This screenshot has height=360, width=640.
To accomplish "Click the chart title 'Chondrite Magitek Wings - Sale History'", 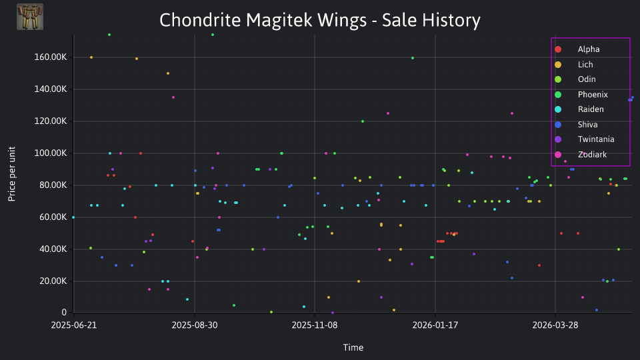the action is pyautogui.click(x=319, y=20).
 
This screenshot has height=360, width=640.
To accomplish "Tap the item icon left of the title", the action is pyautogui.click(x=30, y=17).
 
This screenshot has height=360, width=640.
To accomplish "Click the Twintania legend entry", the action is pyautogui.click(x=584, y=139).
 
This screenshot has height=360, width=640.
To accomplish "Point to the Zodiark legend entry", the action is pyautogui.click(x=581, y=155).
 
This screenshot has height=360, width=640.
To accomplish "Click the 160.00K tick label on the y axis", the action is pyautogui.click(x=50, y=57).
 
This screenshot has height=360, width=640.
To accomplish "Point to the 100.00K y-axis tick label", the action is pyautogui.click(x=50, y=153).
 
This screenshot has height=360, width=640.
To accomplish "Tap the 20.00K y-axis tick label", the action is pyautogui.click(x=53, y=281).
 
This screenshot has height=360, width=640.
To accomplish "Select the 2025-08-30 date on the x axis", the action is pyautogui.click(x=194, y=325).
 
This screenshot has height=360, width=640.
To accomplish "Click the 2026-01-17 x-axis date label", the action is pyautogui.click(x=435, y=325).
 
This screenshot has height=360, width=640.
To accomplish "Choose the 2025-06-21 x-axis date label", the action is pyautogui.click(x=74, y=325).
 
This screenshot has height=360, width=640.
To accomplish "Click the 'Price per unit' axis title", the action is pyautogui.click(x=12, y=174).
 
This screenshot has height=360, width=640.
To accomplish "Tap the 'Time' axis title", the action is pyautogui.click(x=353, y=347).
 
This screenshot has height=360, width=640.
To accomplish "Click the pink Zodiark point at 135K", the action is pyautogui.click(x=173, y=97).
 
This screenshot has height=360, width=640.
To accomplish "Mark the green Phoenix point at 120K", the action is pyautogui.click(x=363, y=121).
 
